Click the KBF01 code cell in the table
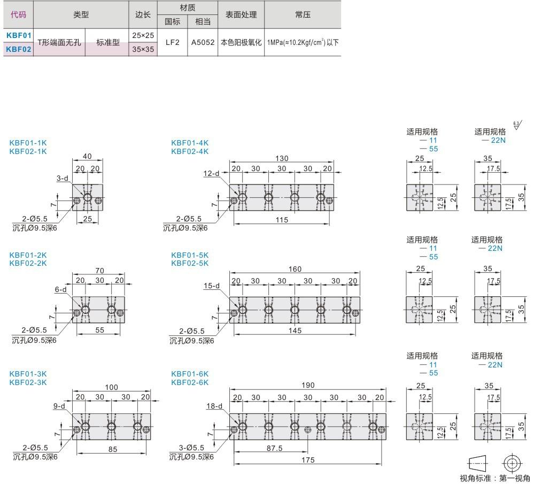19,35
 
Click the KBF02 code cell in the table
19,49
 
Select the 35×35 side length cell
143,49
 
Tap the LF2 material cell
172,42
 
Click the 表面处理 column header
241,15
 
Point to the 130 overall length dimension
282,158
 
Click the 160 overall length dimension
295,269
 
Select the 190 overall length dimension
308,385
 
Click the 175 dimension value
308,459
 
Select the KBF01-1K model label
28,143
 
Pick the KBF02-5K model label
189,263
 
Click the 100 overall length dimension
111,387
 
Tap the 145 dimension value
295,331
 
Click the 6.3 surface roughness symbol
517,126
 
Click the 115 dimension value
282,219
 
